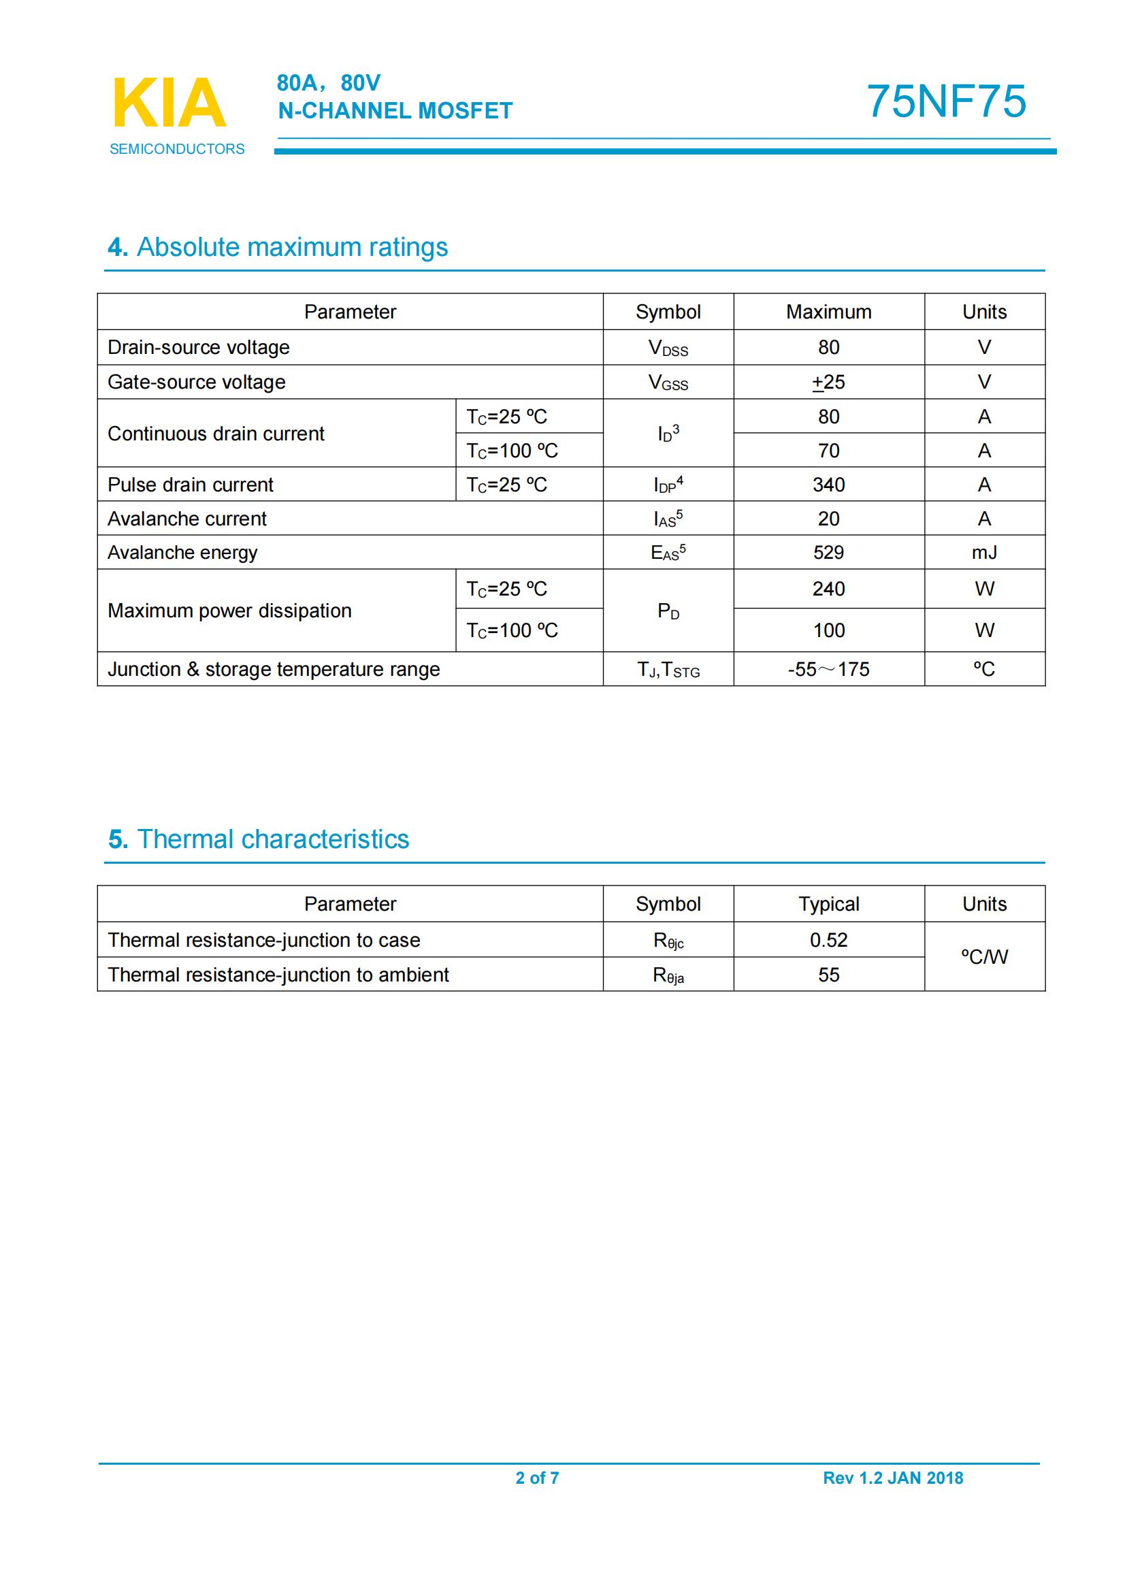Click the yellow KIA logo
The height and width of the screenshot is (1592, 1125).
click(x=169, y=103)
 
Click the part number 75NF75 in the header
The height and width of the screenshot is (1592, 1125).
click(x=945, y=101)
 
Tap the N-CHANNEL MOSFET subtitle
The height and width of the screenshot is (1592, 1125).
click(x=395, y=111)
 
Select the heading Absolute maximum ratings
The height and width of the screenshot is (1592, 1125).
click(x=277, y=247)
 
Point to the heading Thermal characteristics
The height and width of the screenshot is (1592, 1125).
click(x=259, y=839)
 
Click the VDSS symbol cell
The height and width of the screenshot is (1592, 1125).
click(x=668, y=347)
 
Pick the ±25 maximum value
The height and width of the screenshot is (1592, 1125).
click(x=828, y=382)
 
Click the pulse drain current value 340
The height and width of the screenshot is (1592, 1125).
click(x=828, y=485)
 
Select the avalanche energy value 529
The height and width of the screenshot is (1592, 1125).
click(x=828, y=553)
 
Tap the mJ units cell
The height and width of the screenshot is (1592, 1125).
click(x=983, y=553)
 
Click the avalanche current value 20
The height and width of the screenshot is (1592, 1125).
click(x=828, y=519)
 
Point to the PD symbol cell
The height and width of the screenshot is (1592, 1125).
click(x=668, y=611)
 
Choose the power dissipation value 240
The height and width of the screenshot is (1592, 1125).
click(x=828, y=589)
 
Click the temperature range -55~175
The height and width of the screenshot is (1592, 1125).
click(x=828, y=669)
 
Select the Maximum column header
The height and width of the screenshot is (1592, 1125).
click(x=828, y=312)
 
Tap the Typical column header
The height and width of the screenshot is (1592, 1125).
click(x=828, y=904)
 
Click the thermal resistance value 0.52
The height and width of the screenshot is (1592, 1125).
click(x=828, y=940)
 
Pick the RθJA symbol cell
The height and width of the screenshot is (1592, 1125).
click(x=668, y=975)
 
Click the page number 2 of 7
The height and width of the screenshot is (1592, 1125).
click(x=537, y=1478)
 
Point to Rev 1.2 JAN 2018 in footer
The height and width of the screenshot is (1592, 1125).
click(x=893, y=1478)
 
